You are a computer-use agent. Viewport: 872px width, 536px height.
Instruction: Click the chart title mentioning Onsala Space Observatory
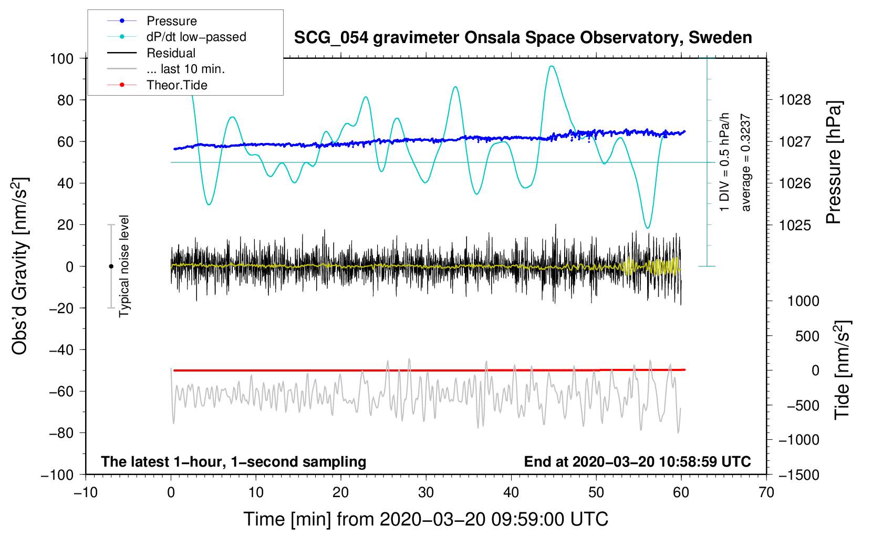[x=523, y=38]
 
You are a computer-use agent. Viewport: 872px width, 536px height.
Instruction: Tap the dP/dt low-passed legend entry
[x=177, y=37]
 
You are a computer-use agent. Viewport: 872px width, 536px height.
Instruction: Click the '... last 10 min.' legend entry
[x=166, y=69]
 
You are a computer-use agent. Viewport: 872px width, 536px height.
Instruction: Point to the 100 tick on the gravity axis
[x=62, y=59]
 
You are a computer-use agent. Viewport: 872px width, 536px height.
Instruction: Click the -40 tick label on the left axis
[x=61, y=350]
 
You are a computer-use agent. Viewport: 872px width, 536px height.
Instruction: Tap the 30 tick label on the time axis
[x=426, y=492]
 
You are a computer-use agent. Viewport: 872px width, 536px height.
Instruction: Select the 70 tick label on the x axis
[x=766, y=492]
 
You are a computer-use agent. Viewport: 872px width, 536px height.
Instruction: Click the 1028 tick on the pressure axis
[x=795, y=100]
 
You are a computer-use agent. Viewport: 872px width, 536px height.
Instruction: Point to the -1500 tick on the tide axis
[x=799, y=475]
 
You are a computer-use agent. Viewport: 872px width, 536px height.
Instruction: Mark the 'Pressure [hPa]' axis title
[x=834, y=162]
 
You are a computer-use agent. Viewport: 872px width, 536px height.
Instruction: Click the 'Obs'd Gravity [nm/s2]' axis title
[x=19, y=266]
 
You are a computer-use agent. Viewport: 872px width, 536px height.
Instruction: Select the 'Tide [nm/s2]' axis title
[x=842, y=370]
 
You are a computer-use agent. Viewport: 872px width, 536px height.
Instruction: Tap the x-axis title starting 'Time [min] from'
[x=426, y=519]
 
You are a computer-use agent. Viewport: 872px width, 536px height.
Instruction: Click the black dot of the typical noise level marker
[x=111, y=266]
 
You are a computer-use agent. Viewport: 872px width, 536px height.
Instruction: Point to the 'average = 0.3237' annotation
[x=745, y=162]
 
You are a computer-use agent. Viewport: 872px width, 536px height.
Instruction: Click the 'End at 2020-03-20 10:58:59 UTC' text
[x=637, y=461]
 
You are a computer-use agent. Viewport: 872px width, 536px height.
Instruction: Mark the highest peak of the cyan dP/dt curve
[x=552, y=66]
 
